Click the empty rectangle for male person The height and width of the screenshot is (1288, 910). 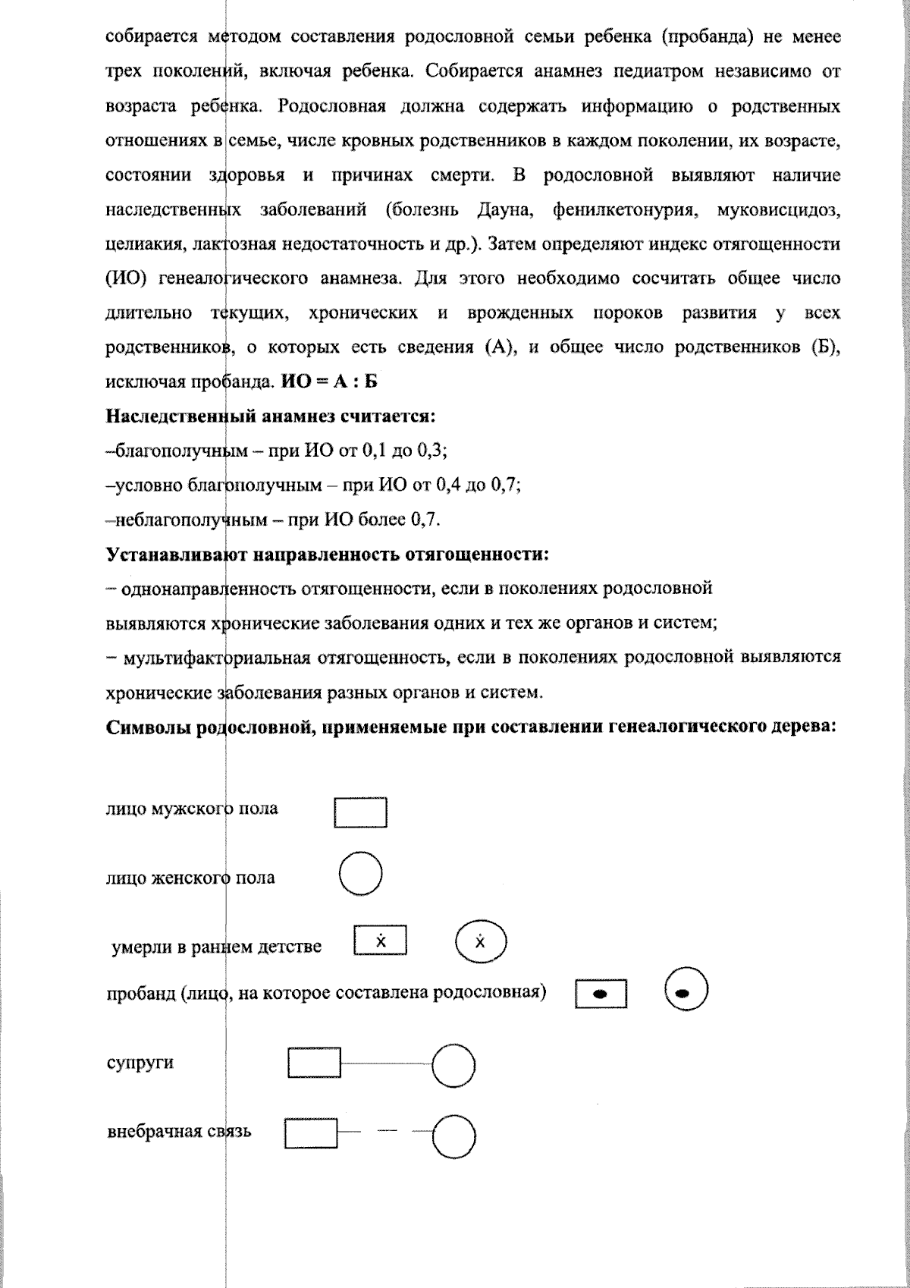point(361,812)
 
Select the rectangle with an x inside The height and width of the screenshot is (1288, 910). point(381,941)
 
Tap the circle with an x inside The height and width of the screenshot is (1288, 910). point(480,943)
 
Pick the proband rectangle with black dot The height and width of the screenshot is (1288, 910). point(601,994)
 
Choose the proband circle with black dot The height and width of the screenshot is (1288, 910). point(686,991)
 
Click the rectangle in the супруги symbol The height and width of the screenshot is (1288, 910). point(314,1063)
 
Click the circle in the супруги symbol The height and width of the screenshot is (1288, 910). point(453,1065)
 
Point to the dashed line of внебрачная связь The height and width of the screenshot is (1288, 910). point(387,1132)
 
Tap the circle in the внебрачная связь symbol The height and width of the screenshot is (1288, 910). point(453,1136)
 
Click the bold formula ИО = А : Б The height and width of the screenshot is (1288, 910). point(329,382)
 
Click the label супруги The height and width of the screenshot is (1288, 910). point(140,1062)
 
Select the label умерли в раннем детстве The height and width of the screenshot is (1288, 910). point(217,947)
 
